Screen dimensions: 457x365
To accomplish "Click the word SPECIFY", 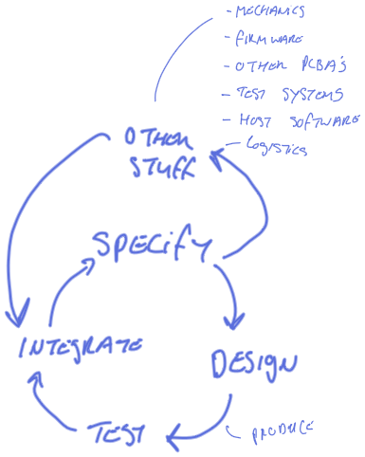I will coord(152,248).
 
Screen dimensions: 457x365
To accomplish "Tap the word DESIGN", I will coord(253,365).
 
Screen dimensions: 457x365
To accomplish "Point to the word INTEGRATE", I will coord(81,345).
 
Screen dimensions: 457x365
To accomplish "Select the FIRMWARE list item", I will coord(266,41).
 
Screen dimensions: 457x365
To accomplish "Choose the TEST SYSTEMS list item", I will coord(280,95).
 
